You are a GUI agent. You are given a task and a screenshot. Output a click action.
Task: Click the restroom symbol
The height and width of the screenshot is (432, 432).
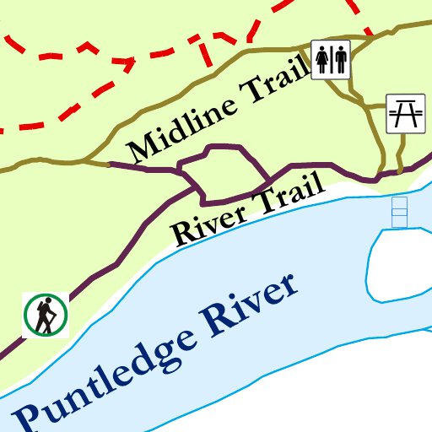(331, 59)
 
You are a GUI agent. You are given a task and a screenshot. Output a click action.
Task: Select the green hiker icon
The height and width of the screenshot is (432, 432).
(46, 315)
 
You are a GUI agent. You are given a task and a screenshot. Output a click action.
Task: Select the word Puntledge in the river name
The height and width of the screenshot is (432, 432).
(101, 375)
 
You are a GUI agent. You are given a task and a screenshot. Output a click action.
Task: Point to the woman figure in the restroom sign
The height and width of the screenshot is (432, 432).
(322, 59)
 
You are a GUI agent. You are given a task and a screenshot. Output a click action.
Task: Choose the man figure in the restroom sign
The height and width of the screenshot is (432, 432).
(340, 59)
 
